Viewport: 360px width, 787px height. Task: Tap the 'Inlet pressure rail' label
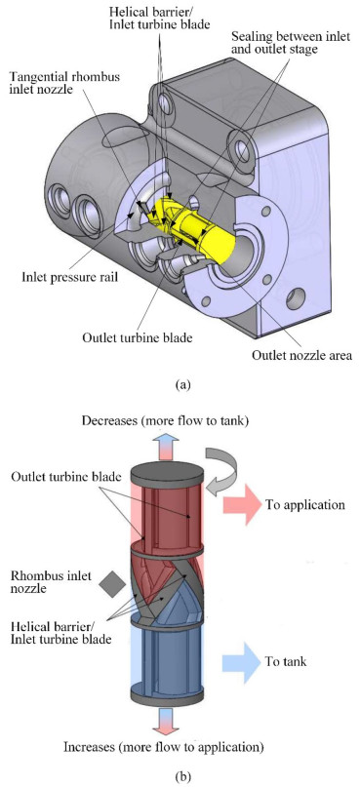click(x=69, y=277)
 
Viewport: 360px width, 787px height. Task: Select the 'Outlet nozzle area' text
click(x=301, y=356)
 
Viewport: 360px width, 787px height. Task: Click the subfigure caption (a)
click(x=181, y=385)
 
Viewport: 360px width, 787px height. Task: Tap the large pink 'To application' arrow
click(x=242, y=504)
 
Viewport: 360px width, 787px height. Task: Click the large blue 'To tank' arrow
click(x=242, y=662)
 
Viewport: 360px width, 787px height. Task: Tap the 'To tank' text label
click(x=286, y=662)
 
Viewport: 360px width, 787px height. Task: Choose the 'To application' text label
click(x=305, y=504)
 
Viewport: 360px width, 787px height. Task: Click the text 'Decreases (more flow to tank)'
click(x=166, y=421)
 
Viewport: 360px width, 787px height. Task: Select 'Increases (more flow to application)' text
click(x=163, y=747)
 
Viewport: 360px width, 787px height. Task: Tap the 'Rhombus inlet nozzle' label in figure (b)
click(x=51, y=582)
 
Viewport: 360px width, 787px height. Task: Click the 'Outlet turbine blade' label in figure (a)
click(x=137, y=337)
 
